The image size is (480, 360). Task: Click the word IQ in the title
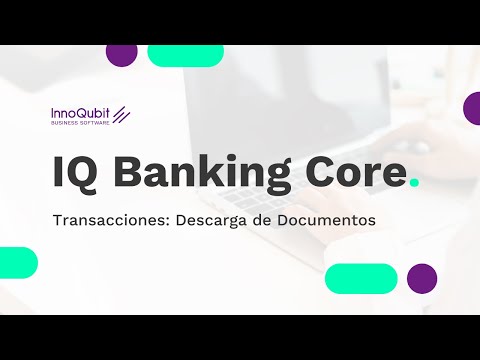[x=75, y=173]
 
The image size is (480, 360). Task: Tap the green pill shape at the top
[x=185, y=56]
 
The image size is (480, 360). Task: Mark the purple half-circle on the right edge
[x=472, y=108]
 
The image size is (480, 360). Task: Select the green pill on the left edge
[x=17, y=262]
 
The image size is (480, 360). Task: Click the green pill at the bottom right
[x=361, y=278]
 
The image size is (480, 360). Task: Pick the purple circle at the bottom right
[x=422, y=278]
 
